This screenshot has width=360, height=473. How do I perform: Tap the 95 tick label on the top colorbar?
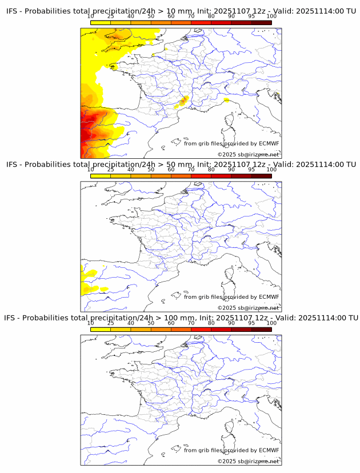click(x=251, y=17)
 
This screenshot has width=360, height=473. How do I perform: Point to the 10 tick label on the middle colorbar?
click(x=90, y=170)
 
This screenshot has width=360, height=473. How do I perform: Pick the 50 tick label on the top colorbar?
click(x=151, y=17)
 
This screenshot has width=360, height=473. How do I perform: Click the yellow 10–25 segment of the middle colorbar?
click(x=100, y=176)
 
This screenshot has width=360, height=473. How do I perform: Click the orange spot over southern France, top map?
click(x=183, y=102)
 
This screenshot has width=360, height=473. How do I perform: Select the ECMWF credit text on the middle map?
click(x=231, y=297)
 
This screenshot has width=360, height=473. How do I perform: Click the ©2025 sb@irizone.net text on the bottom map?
click(x=248, y=461)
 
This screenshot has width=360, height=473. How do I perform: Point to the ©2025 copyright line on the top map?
click(x=248, y=154)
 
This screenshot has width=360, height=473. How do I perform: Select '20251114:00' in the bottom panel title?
click(x=322, y=318)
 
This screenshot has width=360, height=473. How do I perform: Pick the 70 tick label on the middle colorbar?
click(x=191, y=170)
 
